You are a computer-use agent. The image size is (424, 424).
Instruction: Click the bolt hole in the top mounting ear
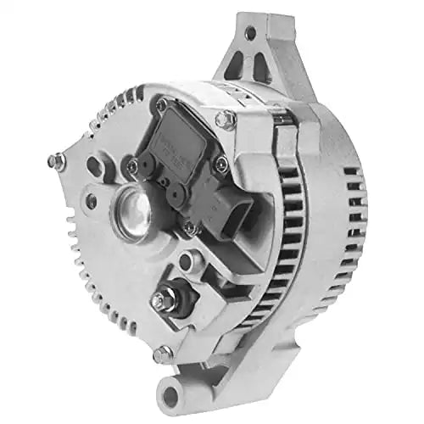coord(250,33)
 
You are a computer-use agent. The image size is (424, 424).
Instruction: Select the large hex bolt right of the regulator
coord(226,120)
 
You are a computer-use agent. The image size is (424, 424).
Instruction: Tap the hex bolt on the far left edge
coord(55,159)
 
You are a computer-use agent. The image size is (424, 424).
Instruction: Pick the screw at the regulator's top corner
coord(161,106)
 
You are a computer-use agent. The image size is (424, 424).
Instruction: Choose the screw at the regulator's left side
coord(132,166)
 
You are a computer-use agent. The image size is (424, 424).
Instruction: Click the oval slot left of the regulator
coord(95,166)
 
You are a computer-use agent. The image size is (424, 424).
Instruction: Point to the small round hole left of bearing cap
coord(90,200)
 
